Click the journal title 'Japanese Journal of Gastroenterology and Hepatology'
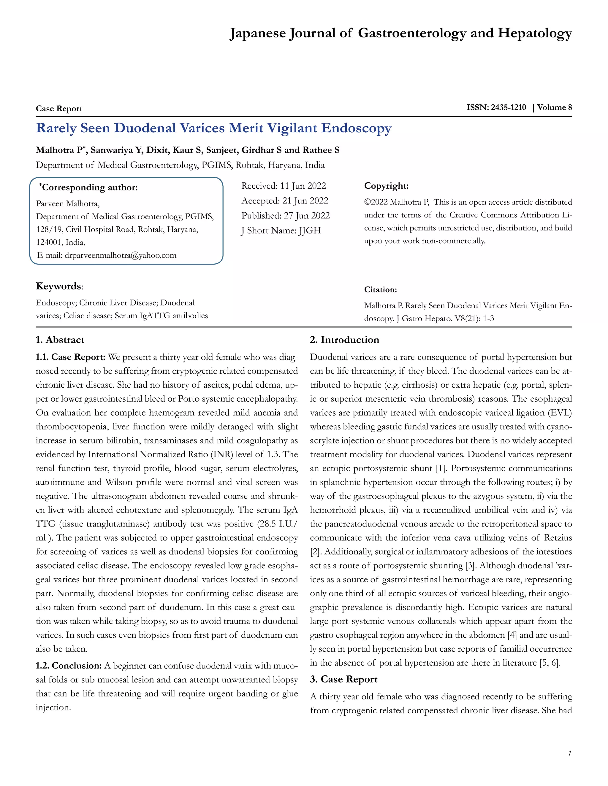(x=400, y=33)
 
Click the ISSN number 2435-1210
(x=508, y=107)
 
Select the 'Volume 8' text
(x=554, y=107)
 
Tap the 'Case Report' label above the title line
(x=59, y=109)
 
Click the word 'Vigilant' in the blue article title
(x=292, y=128)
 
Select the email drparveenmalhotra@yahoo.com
(x=120, y=255)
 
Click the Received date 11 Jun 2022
(x=303, y=186)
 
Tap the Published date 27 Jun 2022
(x=306, y=216)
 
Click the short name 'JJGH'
(x=309, y=231)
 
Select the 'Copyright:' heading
(x=386, y=186)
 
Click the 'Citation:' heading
(x=380, y=290)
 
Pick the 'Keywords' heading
(x=59, y=287)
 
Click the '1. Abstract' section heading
(x=60, y=340)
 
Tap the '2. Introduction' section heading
(x=344, y=340)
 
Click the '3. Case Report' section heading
(x=343, y=679)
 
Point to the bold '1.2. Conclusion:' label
(x=69, y=666)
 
